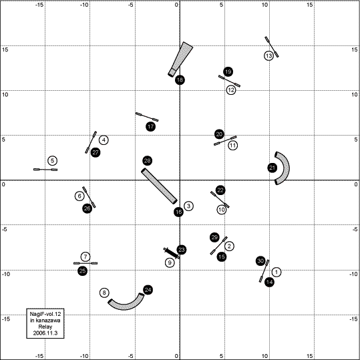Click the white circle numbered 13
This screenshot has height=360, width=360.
point(268,56)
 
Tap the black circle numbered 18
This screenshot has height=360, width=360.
point(180,80)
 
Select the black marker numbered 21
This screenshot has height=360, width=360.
point(272,168)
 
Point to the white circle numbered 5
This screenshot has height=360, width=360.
point(53,161)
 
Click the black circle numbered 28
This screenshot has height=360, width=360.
point(147,161)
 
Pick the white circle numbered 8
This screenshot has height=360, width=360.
point(104,293)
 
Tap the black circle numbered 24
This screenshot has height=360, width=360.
point(148,290)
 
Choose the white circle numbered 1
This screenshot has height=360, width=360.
point(277,272)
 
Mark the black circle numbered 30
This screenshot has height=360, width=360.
point(260,260)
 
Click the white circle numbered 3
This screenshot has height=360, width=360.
point(188,206)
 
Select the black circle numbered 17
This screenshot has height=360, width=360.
point(151,126)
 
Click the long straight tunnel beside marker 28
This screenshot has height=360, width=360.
point(159,186)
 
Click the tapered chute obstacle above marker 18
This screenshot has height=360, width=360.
point(181,59)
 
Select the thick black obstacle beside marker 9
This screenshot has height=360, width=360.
point(172,253)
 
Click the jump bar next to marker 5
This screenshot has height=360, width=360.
point(45,170)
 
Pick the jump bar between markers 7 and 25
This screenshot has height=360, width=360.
point(85,263)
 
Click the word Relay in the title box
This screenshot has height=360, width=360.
point(45,327)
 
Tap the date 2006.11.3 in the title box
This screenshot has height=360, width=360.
point(45,333)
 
